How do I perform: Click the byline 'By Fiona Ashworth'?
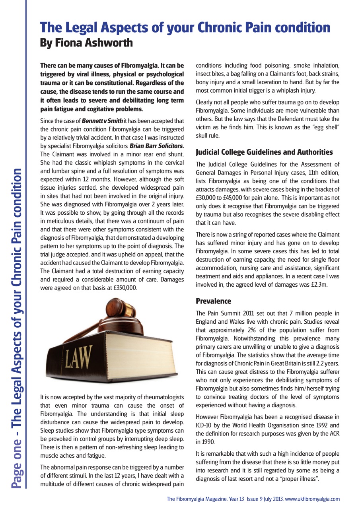coord(86,43)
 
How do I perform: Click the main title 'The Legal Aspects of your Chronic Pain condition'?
coord(185,27)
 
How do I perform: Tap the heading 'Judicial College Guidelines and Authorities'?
coord(264,152)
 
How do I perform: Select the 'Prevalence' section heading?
coord(213,301)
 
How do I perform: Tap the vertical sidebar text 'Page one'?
coord(16,461)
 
